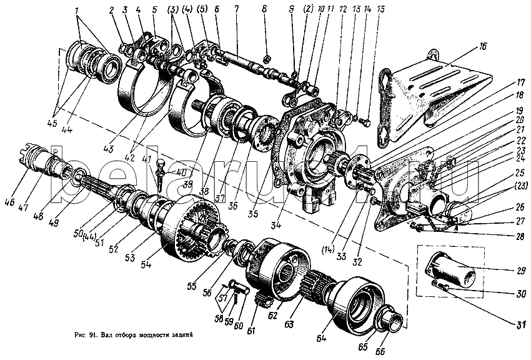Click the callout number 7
point(237,11)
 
